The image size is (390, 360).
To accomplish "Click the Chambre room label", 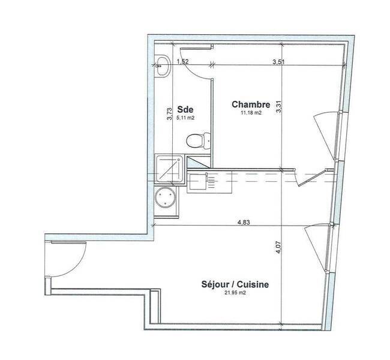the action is [251, 104].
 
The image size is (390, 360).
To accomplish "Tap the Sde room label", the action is [185, 109].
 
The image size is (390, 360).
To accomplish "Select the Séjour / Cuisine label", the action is [235, 284].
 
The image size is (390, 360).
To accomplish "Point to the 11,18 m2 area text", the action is [251, 113].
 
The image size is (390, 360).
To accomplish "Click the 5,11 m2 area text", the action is [185, 118].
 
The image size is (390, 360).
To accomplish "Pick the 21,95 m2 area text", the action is [235, 293].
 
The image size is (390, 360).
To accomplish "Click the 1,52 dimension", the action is [182, 61].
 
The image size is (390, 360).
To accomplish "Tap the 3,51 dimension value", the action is [278, 62].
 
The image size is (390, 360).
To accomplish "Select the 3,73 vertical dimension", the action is [169, 113].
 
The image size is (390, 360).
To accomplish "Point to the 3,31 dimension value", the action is [278, 106].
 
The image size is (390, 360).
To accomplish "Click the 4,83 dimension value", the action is [244, 223].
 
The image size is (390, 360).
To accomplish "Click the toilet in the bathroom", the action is [199, 140].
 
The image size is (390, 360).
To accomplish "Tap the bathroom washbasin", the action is [163, 65].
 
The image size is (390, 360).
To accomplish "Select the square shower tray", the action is [170, 169].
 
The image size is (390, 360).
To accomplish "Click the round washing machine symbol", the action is [165, 197].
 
